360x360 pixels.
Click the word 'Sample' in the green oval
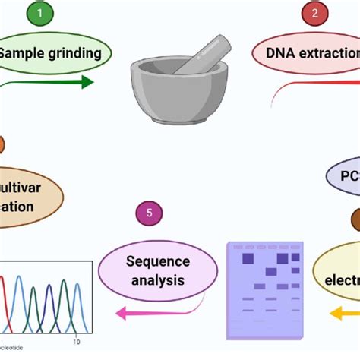21,53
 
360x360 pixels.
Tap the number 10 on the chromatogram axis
76,342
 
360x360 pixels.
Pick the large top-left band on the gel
248,259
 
